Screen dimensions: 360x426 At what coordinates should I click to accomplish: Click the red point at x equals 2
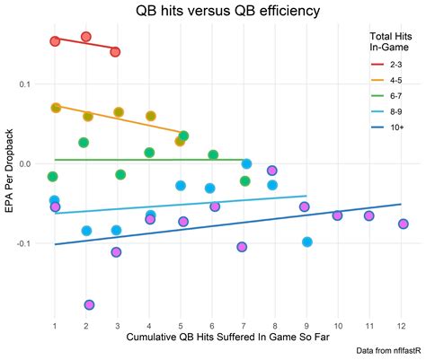coord(86,37)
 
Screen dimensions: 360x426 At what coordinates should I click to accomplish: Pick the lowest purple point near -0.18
coord(89,305)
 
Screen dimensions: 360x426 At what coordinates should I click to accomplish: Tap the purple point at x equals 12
coord(404,224)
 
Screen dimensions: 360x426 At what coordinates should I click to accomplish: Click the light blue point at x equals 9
coord(307,241)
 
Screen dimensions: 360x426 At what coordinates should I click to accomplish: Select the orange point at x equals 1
coord(56,108)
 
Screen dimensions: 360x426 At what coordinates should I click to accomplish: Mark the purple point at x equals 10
coord(338,215)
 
